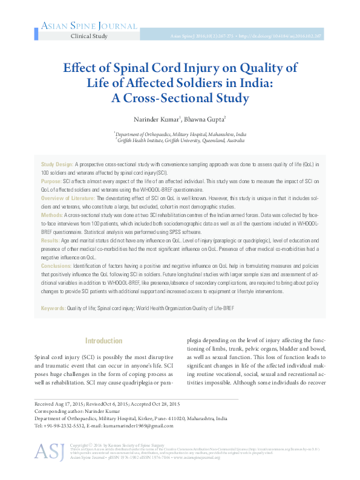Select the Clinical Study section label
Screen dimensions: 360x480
coord(89,36)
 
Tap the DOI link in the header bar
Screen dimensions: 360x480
coord(292,36)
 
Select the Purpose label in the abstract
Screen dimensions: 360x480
coord(51,181)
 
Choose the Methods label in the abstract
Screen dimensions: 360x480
coord(52,215)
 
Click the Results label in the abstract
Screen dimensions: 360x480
coord(51,240)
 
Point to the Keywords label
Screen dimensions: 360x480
coord(53,308)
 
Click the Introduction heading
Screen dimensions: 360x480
coord(103,341)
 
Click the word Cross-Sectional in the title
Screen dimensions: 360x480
coord(187,97)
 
